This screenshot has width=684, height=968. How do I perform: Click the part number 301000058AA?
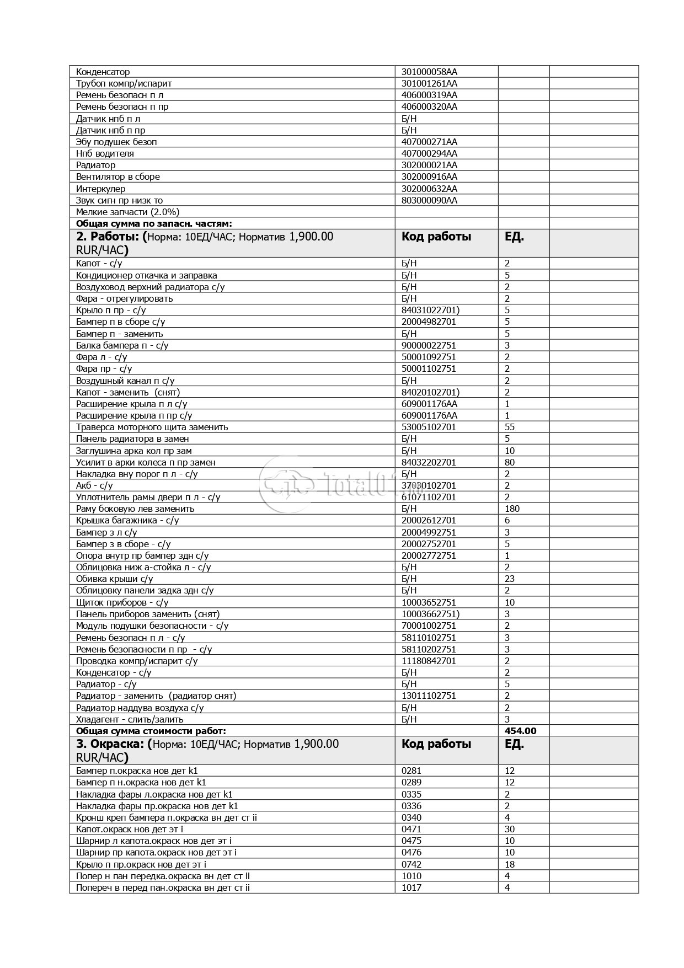[429, 72]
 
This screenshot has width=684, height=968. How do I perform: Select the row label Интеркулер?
[100, 189]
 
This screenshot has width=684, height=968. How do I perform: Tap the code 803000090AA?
[429, 200]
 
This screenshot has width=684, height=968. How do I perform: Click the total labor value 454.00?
[520, 731]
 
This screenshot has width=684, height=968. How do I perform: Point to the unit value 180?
[512, 509]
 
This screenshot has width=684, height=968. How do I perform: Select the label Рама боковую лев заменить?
[135, 509]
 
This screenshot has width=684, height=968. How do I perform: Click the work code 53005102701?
[429, 427]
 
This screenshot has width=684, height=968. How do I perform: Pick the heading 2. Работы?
[108, 237]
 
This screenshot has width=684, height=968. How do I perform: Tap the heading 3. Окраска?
[111, 744]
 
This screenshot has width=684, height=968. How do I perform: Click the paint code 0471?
[411, 829]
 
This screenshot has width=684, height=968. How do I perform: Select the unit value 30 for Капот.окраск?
[509, 829]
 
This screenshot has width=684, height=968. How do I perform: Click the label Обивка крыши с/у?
[114, 579]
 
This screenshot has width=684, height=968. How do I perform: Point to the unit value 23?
[509, 579]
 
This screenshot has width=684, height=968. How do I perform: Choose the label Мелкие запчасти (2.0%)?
[127, 212]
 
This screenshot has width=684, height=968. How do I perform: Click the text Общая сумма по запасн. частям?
[154, 223]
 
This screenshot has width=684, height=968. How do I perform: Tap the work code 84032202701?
[429, 462]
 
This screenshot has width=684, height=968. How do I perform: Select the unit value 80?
[509, 462]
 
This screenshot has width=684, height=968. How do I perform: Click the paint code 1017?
[411, 887]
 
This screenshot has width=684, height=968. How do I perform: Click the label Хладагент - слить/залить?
[130, 719]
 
